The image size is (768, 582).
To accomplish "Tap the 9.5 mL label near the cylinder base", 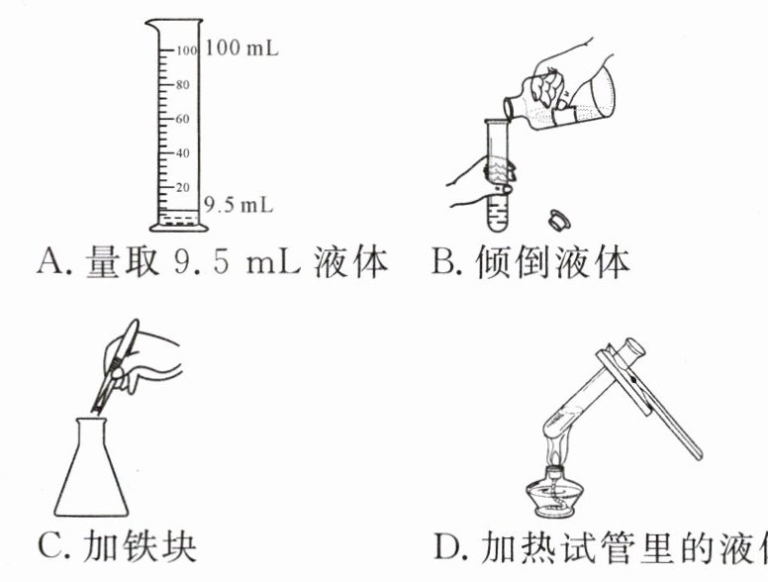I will [238, 205].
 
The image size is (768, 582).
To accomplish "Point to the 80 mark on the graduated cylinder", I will [182, 84].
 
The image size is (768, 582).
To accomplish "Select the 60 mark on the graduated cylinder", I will [182, 119].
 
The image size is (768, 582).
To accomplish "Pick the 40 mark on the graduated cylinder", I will [182, 153].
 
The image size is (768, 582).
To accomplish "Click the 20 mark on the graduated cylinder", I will [182, 187].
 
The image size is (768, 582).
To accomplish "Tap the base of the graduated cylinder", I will [179, 227].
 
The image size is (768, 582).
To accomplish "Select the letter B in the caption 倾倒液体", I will [442, 262].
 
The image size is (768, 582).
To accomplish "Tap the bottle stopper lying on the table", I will [557, 218].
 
